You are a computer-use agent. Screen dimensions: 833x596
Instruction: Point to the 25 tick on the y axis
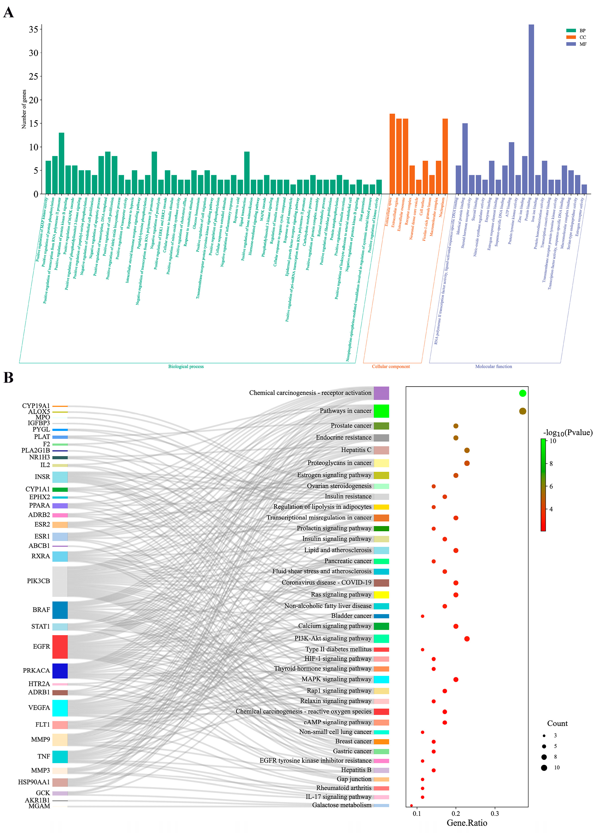click(x=33, y=77)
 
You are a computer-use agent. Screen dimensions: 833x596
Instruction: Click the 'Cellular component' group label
click(x=391, y=367)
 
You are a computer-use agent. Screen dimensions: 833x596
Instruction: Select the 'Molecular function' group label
click(x=493, y=367)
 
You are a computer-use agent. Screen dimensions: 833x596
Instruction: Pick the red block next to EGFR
click(x=60, y=647)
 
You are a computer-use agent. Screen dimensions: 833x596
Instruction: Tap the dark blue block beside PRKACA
click(x=60, y=671)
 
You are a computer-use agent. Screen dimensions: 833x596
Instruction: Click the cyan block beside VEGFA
click(x=60, y=708)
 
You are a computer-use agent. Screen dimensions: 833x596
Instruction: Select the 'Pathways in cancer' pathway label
click(x=345, y=411)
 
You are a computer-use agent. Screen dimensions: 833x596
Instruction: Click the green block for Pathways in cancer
click(x=381, y=411)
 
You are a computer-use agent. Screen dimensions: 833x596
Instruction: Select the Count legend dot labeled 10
click(x=544, y=768)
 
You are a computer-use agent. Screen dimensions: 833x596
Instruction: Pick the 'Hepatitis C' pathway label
click(x=356, y=450)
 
